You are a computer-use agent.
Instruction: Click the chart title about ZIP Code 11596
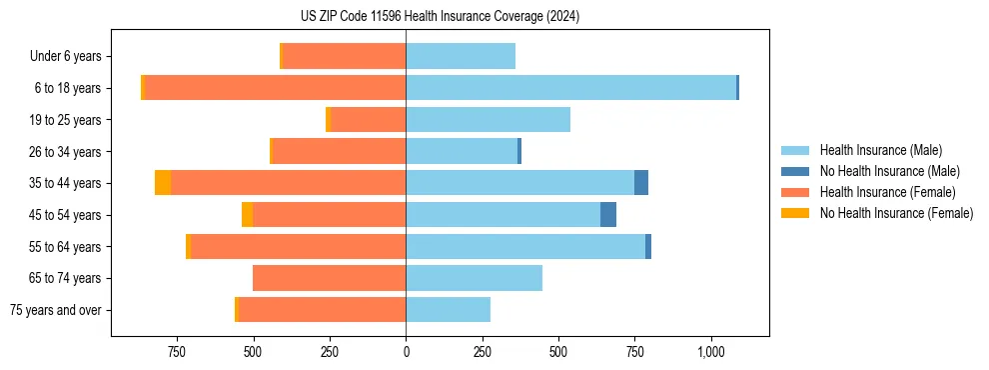[x=440, y=17]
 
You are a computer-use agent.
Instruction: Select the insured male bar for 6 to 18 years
[x=570, y=88]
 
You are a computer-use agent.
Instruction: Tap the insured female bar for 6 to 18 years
[x=275, y=88]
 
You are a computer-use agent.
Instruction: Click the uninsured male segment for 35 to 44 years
[x=641, y=183]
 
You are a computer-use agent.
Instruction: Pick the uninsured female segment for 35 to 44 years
[x=163, y=183]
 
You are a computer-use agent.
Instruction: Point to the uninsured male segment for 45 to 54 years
[x=608, y=215]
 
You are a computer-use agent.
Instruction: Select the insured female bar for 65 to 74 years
[x=329, y=278]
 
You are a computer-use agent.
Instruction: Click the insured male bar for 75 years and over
[x=448, y=310]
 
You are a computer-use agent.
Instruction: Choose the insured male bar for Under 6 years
[x=461, y=56]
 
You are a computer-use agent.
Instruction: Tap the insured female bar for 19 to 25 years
[x=368, y=120]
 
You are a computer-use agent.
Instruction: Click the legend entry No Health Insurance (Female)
[x=896, y=213]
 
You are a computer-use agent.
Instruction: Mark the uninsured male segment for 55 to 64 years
[x=648, y=247]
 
